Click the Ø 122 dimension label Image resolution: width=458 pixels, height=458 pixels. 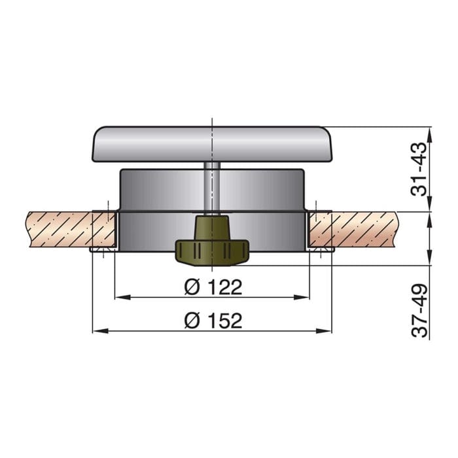pyautogui.click(x=213, y=287)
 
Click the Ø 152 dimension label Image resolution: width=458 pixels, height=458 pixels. pyautogui.click(x=213, y=320)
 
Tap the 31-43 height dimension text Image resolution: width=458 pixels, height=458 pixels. pyautogui.click(x=419, y=169)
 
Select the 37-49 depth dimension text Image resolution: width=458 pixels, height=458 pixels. pyautogui.click(x=419, y=310)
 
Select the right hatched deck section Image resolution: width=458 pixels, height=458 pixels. pyautogui.click(x=366, y=229)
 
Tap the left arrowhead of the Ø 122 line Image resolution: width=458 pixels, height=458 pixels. pyautogui.click(x=120, y=298)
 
